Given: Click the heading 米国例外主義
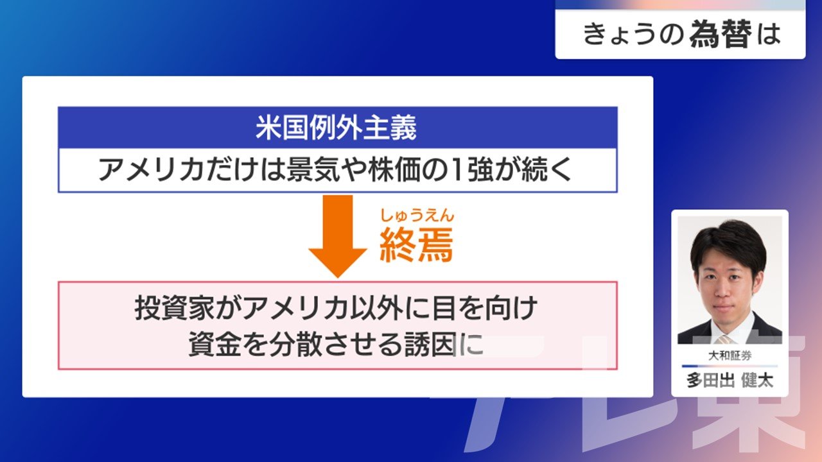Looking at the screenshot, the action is click(x=336, y=128).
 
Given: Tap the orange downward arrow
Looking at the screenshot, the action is click(x=338, y=236).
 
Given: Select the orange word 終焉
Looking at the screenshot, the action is click(x=417, y=244).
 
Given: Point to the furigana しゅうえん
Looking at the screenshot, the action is click(x=417, y=216).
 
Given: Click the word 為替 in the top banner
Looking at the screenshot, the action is click(x=721, y=34).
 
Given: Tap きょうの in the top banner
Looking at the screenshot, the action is click(x=634, y=34).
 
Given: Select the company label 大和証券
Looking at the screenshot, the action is click(x=730, y=355).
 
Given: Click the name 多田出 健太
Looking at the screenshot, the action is click(x=730, y=381).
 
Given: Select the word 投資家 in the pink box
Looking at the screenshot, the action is click(x=175, y=308).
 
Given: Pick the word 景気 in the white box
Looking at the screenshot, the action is click(x=313, y=170).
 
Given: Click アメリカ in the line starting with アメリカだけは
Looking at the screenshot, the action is click(x=151, y=170).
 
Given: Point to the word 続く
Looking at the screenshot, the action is click(x=547, y=170).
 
